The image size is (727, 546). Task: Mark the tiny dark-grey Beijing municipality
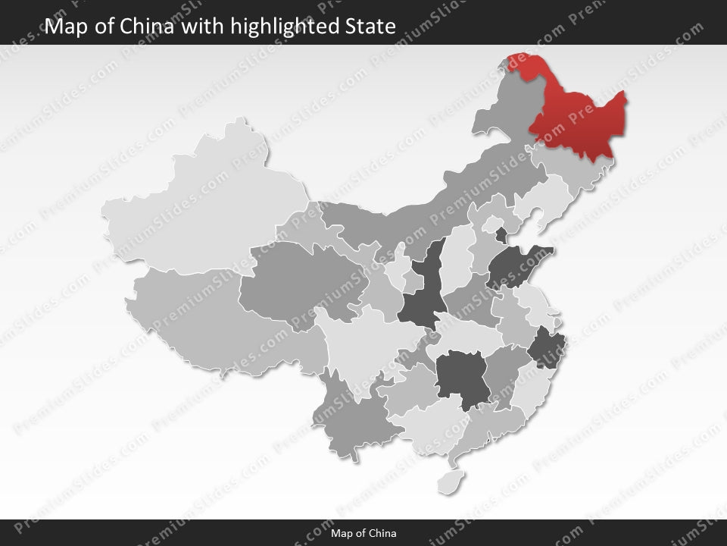click(x=501, y=234)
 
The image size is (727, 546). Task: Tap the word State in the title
click(x=369, y=27)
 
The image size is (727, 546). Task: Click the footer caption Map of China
click(x=363, y=533)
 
